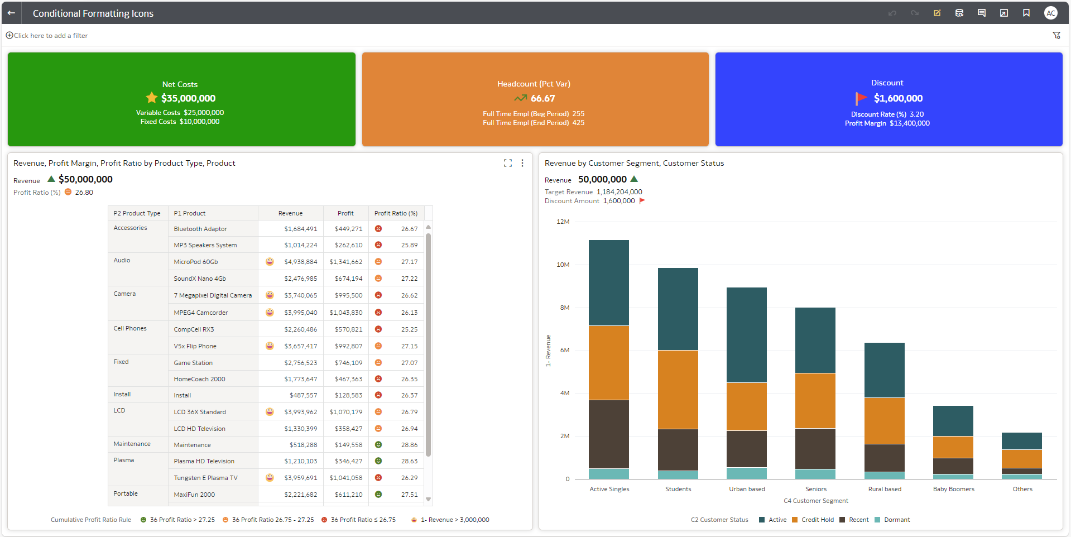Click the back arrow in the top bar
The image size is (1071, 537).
tap(11, 13)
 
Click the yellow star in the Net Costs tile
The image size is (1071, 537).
tap(151, 98)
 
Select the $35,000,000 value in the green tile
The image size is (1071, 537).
tap(188, 98)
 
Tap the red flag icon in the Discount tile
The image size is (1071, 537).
tap(861, 98)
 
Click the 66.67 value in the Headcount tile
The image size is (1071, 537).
tap(542, 98)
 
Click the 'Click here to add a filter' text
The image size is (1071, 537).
tap(50, 36)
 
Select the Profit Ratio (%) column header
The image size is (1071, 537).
tap(396, 213)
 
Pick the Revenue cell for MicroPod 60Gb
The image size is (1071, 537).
tap(300, 262)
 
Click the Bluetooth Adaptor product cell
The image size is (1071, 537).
tap(200, 229)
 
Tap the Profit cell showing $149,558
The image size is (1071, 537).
tap(348, 445)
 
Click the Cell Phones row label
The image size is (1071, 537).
tap(130, 328)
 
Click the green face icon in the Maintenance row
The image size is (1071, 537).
tap(378, 445)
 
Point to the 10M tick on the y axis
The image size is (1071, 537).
tap(563, 265)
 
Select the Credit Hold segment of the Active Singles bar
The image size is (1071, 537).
tap(608, 363)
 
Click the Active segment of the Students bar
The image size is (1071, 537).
tap(678, 309)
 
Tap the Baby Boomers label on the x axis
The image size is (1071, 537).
tap(953, 489)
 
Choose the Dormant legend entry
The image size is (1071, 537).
tap(896, 520)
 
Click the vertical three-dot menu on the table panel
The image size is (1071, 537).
tap(522, 163)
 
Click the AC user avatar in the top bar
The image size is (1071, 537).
tap(1050, 13)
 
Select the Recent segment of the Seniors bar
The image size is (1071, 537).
tap(815, 448)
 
